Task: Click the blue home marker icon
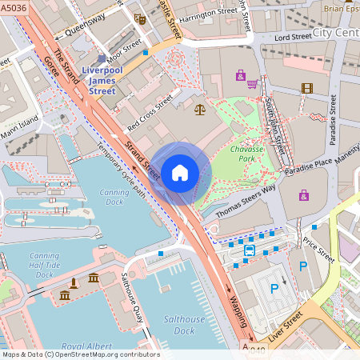click(180, 172)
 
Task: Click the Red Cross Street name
click(150, 114)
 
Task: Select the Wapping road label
click(238, 313)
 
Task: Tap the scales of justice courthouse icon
click(199, 108)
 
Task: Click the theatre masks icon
click(141, 18)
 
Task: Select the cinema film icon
click(306, 87)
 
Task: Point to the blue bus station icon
click(249, 250)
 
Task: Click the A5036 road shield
click(11, 8)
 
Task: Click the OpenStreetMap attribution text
click(81, 354)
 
